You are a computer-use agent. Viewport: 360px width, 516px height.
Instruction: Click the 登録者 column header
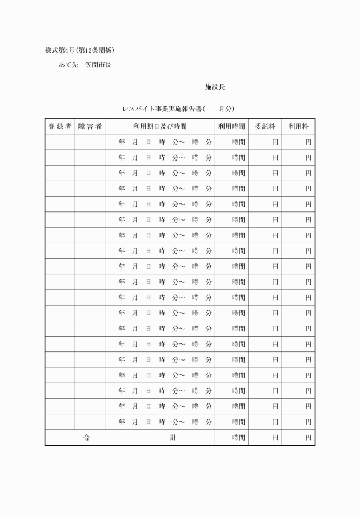[x=59, y=126]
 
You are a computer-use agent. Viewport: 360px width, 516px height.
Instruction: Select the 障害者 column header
[x=90, y=126]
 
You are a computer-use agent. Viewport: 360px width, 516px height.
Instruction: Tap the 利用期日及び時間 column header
[x=160, y=126]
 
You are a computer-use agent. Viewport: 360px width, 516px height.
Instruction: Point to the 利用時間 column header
[x=231, y=126]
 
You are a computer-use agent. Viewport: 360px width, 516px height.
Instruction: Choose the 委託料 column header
[x=265, y=126]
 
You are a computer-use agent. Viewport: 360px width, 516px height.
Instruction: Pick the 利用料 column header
[x=298, y=126]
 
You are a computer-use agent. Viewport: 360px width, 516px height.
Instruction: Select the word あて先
[x=69, y=65]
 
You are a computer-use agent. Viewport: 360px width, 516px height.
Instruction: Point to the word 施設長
[x=215, y=87]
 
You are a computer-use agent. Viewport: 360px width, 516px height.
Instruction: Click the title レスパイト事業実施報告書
[x=163, y=109]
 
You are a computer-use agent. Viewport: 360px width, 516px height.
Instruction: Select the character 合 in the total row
[x=86, y=438]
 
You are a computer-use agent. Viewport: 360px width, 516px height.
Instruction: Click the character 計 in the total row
[x=173, y=438]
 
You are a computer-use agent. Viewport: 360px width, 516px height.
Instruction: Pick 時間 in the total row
[x=238, y=438]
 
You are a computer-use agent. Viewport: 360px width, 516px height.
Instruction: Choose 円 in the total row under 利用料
[x=308, y=438]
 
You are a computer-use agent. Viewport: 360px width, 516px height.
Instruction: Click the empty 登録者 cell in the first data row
[x=59, y=142]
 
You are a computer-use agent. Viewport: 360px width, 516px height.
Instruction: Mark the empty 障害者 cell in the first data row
[x=90, y=142]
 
